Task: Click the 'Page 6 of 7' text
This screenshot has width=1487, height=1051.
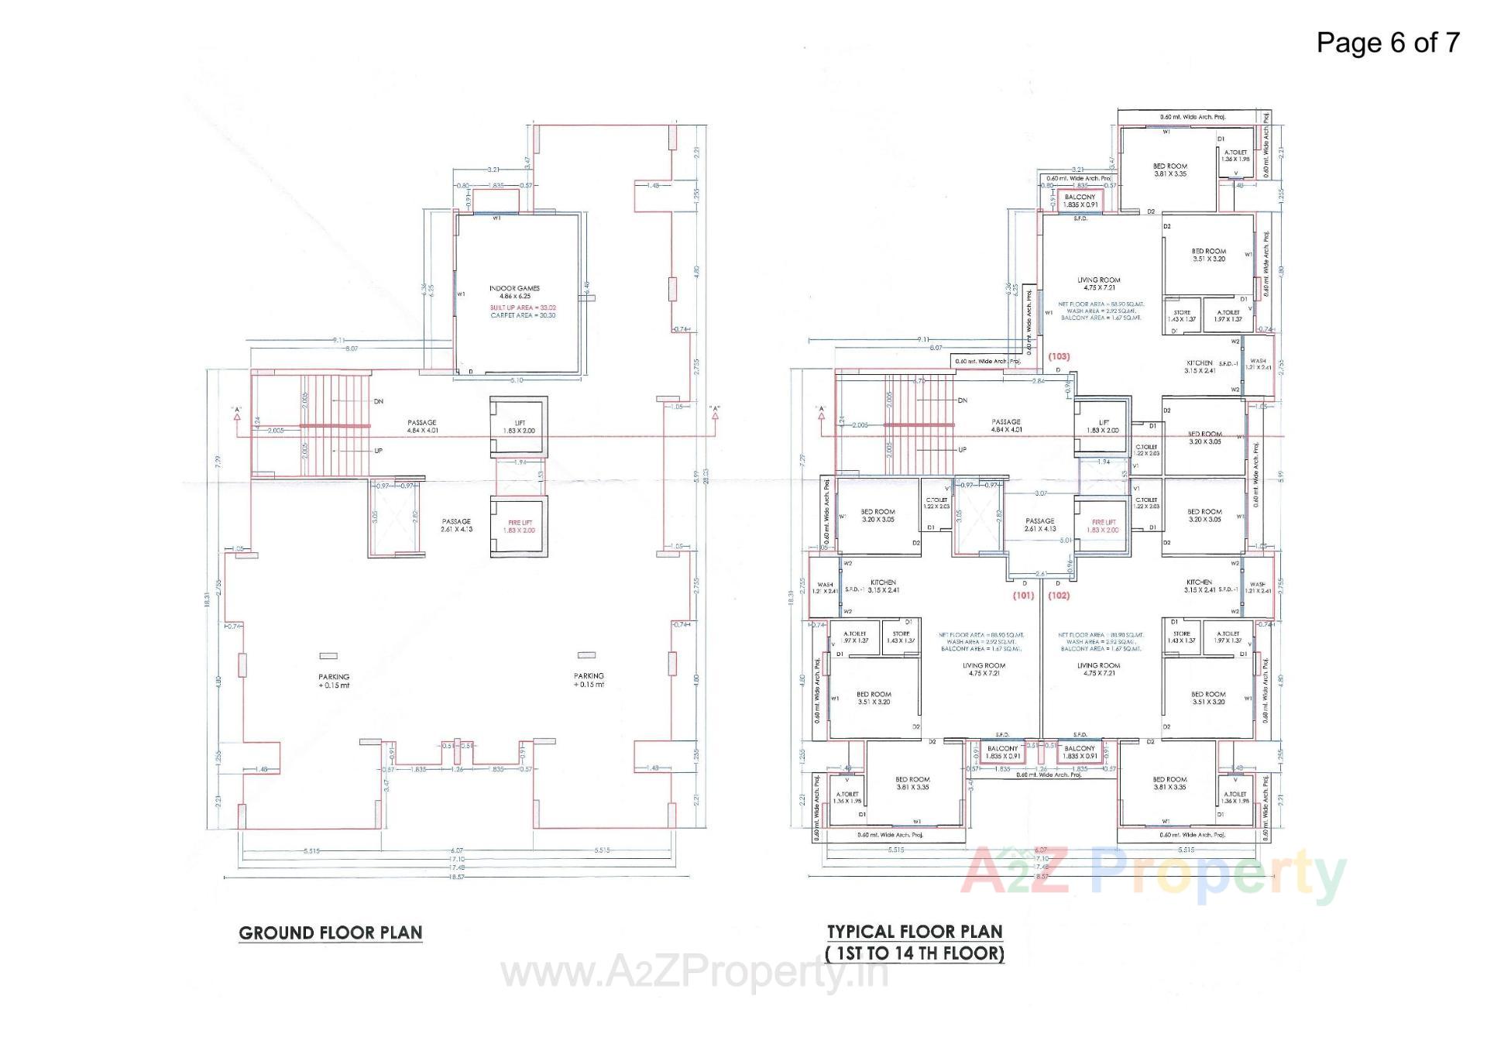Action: [x=1387, y=42]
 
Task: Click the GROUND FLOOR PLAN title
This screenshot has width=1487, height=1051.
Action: [x=330, y=933]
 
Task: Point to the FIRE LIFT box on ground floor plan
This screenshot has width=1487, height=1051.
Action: [x=519, y=527]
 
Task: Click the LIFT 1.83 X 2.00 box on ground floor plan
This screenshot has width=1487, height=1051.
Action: [x=519, y=426]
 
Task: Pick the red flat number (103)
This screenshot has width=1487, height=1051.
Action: [x=1059, y=356]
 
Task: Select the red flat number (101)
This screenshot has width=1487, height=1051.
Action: [x=1023, y=596]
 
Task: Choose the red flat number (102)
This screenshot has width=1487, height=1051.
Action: [x=1059, y=596]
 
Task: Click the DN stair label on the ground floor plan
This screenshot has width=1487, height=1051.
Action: [x=378, y=401]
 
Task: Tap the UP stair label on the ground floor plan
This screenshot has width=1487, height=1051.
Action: [x=378, y=450]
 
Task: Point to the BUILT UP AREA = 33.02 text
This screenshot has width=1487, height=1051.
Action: [x=523, y=307]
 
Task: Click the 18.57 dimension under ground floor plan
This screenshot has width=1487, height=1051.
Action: [x=457, y=877]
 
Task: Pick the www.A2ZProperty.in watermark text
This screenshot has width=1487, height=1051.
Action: [x=695, y=973]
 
